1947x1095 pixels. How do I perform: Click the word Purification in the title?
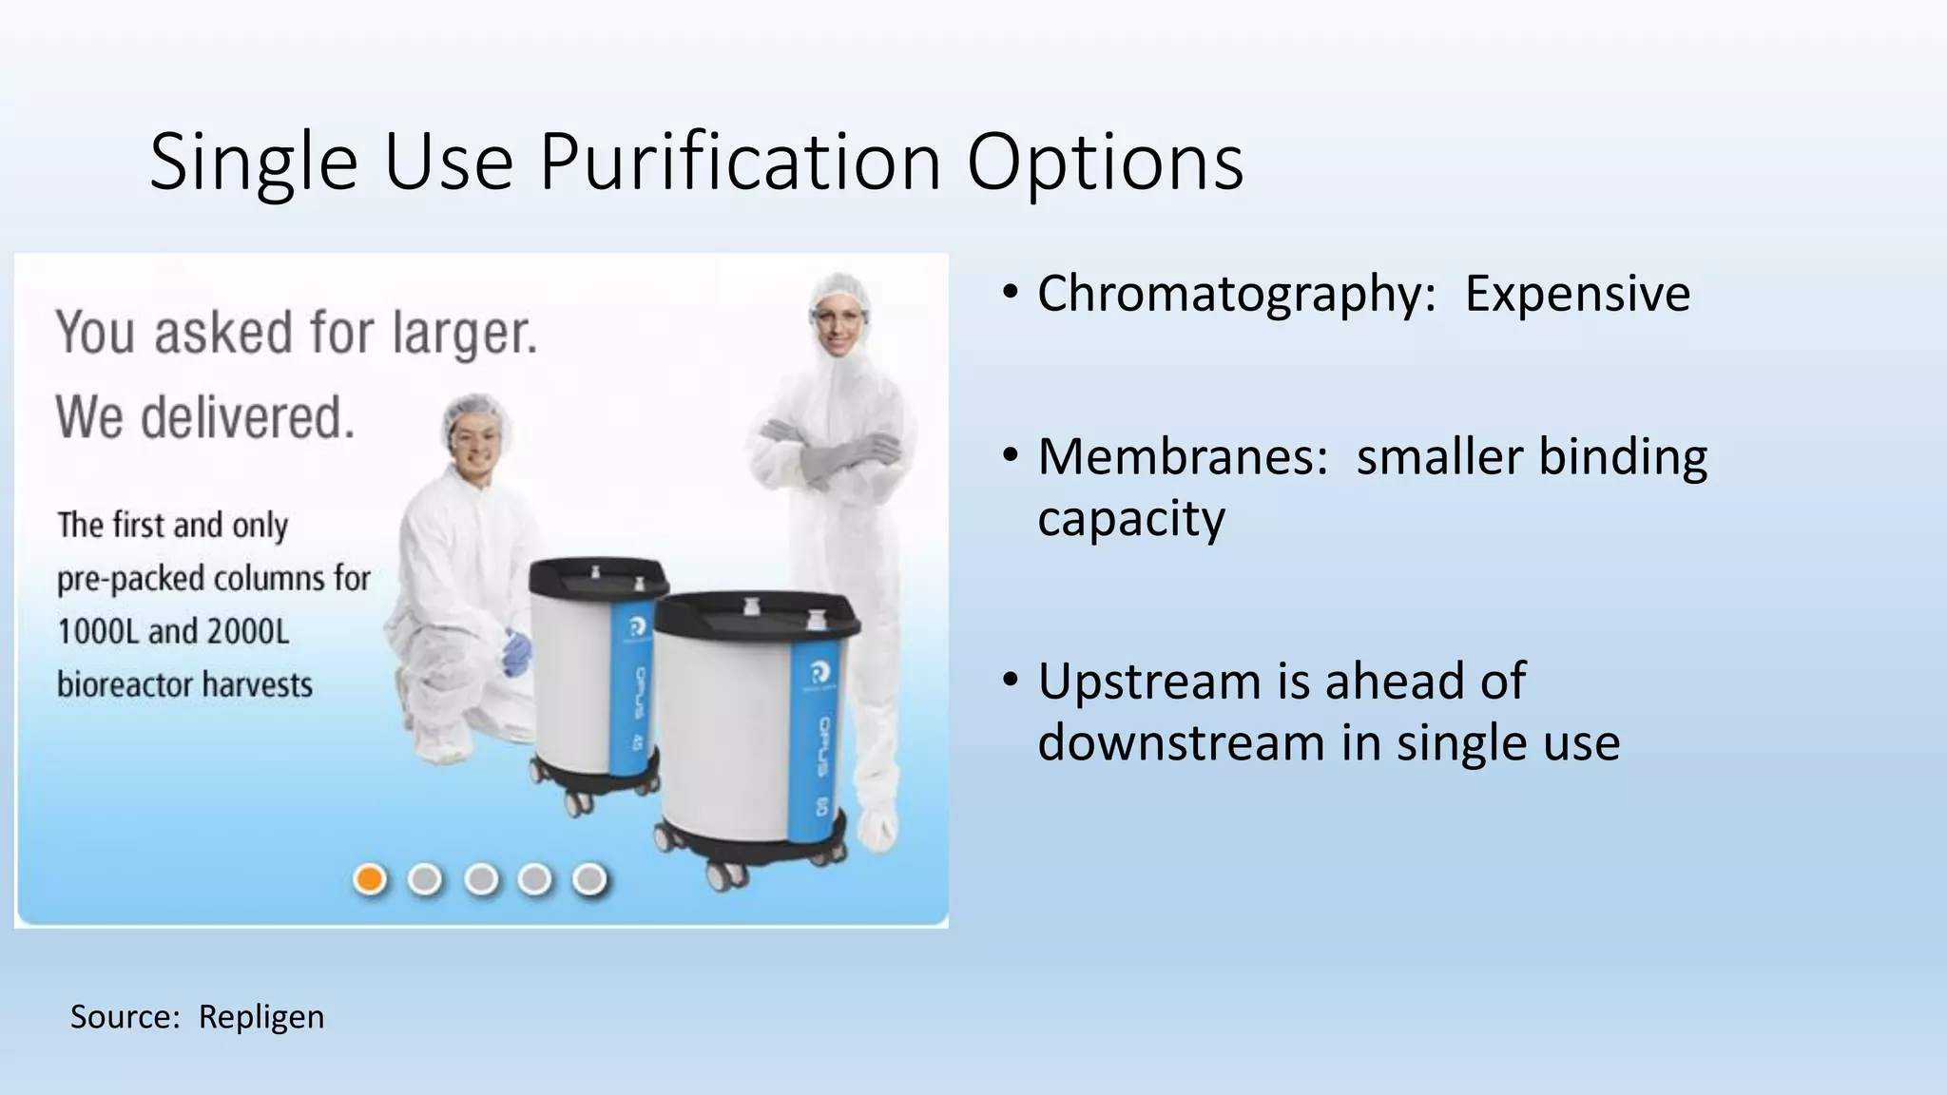click(740, 162)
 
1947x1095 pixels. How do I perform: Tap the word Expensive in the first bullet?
click(1577, 293)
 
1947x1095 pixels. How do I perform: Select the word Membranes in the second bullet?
click(1182, 456)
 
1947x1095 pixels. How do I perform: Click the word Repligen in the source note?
click(261, 1017)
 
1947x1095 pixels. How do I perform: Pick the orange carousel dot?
click(370, 879)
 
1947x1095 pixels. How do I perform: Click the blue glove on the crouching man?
click(517, 653)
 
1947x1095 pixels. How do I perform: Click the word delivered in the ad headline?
click(247, 418)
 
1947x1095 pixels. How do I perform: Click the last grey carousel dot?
click(589, 879)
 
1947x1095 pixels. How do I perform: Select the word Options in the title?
click(1105, 162)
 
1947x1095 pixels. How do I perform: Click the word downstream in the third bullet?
click(1181, 742)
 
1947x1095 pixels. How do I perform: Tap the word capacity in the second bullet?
click(1131, 519)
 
